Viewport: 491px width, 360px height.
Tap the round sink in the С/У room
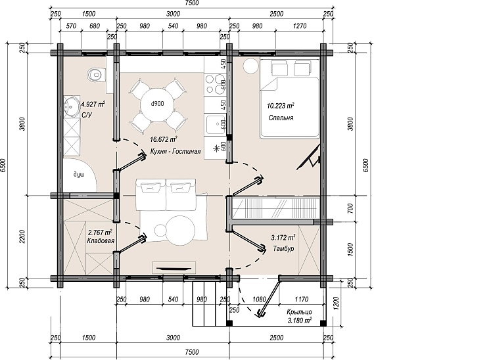72,106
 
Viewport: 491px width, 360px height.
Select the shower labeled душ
80,175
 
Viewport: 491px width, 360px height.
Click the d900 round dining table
157,104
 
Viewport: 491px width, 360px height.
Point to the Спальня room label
281,118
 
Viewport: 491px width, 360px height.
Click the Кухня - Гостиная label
175,152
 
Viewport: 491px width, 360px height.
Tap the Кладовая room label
101,240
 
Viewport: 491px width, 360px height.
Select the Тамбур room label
283,249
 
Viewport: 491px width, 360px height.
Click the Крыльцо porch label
299,312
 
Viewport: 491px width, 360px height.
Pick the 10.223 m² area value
280,106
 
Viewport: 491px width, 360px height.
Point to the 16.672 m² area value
164,139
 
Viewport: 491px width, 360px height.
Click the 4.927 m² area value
93,104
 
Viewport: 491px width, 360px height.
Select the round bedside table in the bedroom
251,66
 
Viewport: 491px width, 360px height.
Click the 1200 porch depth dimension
337,302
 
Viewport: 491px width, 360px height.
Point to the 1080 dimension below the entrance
259,300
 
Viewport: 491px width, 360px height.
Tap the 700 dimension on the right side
350,208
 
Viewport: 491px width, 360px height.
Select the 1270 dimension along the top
300,26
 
